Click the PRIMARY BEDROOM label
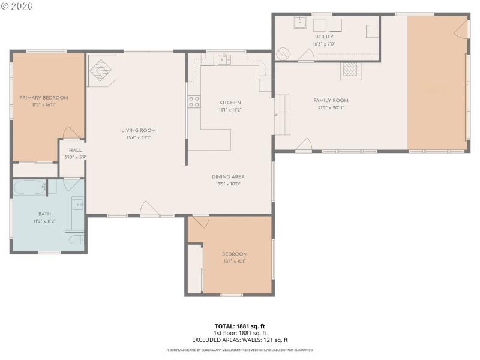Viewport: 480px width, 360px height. (x=44, y=98)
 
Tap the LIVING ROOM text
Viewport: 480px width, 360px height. (x=139, y=130)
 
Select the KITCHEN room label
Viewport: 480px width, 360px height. (x=230, y=103)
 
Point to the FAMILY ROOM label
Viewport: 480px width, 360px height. (x=331, y=100)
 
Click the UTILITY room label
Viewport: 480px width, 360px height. (x=323, y=37)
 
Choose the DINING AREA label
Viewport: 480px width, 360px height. (x=228, y=177)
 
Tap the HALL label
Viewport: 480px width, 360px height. (x=76, y=151)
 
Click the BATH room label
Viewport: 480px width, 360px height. (x=45, y=214)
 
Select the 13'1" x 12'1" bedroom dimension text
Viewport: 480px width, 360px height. (x=234, y=261)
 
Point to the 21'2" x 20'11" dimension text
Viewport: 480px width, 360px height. (x=331, y=107)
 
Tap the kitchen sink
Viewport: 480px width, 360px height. (x=225, y=59)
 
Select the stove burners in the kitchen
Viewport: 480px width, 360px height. (x=194, y=102)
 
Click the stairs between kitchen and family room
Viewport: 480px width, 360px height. (x=282, y=114)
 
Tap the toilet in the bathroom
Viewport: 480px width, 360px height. (x=76, y=241)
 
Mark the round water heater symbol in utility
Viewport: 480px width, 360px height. (x=283, y=53)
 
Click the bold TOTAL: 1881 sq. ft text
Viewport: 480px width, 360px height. (x=239, y=326)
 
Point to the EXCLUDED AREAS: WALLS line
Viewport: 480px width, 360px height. (x=239, y=340)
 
